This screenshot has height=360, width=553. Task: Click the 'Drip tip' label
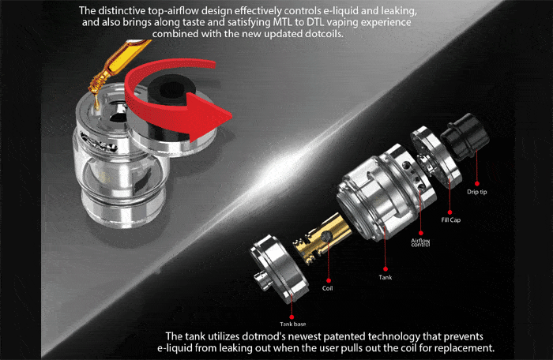click(x=477, y=192)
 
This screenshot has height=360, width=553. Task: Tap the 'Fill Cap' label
click(x=451, y=219)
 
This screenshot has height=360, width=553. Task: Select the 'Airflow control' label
click(x=420, y=242)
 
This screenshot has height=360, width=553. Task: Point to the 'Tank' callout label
click(x=386, y=277)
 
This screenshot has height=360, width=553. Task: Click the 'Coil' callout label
click(x=327, y=288)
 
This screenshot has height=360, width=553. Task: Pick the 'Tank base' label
click(x=293, y=324)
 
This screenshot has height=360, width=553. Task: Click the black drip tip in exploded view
click(x=465, y=136)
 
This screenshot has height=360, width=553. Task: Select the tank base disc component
click(x=279, y=268)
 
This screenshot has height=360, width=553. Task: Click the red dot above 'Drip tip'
click(x=477, y=183)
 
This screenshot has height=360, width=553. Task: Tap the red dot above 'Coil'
click(x=329, y=280)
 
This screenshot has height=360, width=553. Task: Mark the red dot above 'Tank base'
click(x=292, y=317)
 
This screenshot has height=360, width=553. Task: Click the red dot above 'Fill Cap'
click(x=450, y=212)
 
